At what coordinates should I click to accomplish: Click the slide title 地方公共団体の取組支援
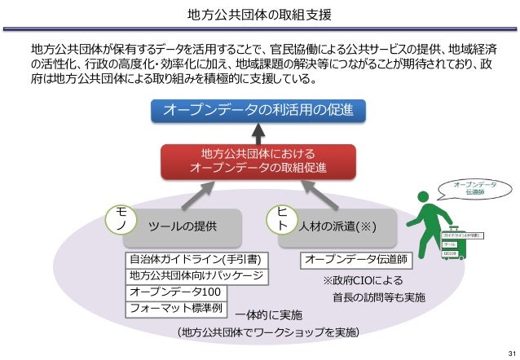coord(258,15)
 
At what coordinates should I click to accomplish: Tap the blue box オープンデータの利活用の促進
coord(258,110)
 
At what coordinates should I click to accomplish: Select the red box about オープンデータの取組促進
coord(258,160)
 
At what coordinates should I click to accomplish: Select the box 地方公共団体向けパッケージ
coord(196,276)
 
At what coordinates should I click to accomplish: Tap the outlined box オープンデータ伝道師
coord(357,260)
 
